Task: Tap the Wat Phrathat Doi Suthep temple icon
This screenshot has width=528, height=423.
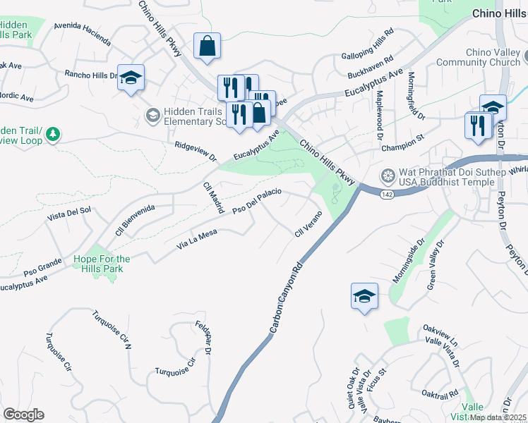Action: pyautogui.click(x=388, y=175)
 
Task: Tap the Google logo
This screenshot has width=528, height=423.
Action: pyautogui.click(x=23, y=415)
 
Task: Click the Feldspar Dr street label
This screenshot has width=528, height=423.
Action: pyautogui.click(x=205, y=336)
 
